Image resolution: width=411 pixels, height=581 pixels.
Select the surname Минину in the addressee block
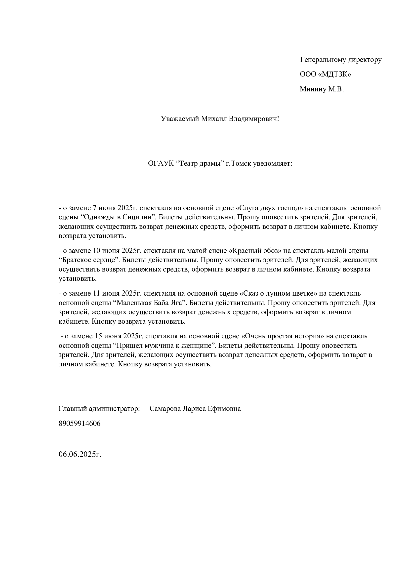tap(313, 89)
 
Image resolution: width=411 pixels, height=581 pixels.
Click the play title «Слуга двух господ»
tap(270, 208)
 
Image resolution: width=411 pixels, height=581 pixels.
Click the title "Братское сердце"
tap(88, 260)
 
